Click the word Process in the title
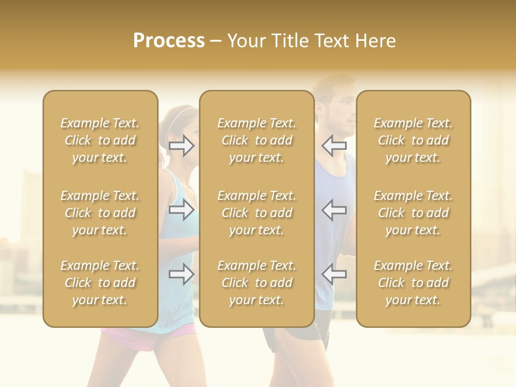click(169, 41)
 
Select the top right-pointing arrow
click(182, 145)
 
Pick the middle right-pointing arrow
click(182, 210)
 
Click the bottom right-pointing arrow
click(182, 274)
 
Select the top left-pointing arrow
click(334, 145)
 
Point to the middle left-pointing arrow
click(334, 210)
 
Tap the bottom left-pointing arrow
click(334, 274)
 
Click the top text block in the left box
click(100, 140)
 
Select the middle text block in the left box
click(100, 213)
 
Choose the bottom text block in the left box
click(100, 283)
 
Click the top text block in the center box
click(256, 140)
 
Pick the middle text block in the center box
click(256, 213)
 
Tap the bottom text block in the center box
click(256, 283)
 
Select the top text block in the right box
click(413, 140)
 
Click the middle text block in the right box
click(413, 213)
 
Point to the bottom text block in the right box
click(413, 283)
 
